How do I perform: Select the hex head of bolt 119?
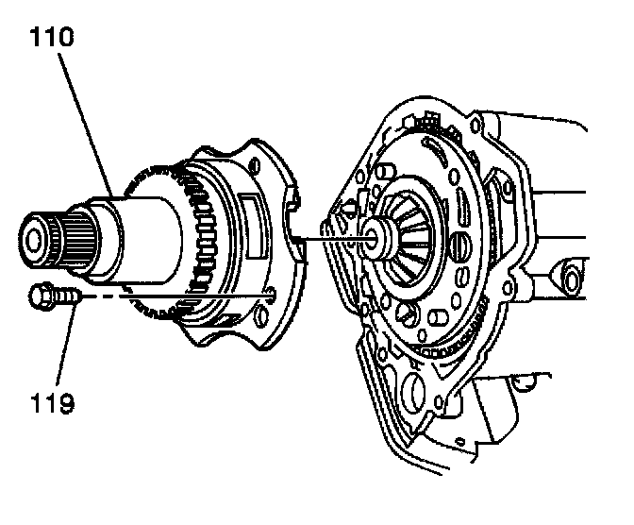41,296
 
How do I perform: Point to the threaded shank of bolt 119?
65,296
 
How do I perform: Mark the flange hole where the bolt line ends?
272,296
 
